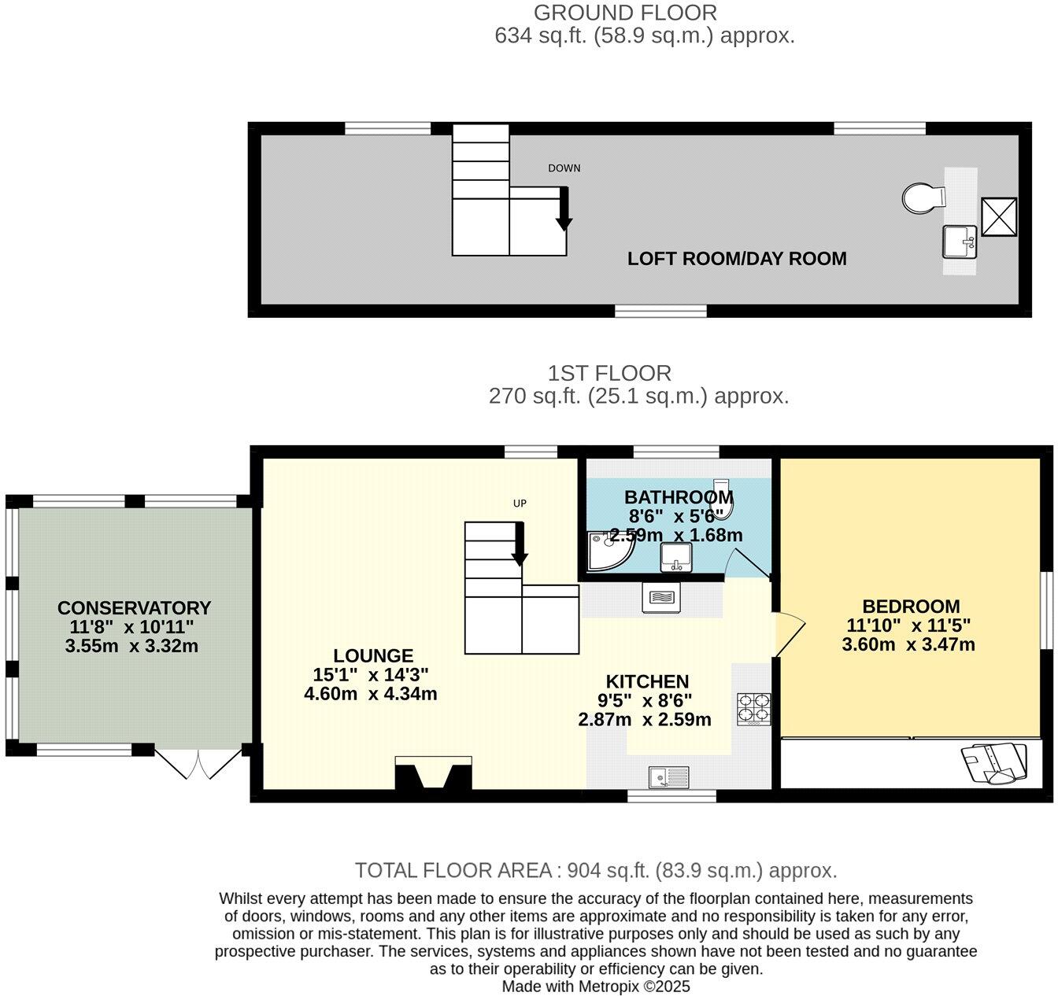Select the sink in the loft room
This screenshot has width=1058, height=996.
coord(960,242)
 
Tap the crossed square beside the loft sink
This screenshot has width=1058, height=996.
coord(999,216)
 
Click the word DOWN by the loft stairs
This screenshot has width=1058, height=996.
coord(564,168)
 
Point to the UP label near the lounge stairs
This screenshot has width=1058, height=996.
coord(520,504)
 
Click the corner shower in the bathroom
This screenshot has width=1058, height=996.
coord(608,550)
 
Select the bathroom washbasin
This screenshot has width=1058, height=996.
coord(675,557)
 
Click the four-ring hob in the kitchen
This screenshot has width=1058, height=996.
coord(753,709)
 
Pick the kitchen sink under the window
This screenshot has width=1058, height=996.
coord(668,777)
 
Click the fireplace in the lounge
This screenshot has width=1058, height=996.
coord(433,773)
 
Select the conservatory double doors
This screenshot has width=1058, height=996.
coord(199,762)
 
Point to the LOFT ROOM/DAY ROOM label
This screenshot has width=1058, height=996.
coord(737,259)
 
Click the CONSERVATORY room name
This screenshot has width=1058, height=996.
coord(134,608)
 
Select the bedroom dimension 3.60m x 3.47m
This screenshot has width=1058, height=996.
coord(908,645)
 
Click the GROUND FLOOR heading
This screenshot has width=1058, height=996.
coord(625,13)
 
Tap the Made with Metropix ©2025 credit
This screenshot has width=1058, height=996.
coord(596,987)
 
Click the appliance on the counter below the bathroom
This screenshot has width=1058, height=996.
coord(658,598)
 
